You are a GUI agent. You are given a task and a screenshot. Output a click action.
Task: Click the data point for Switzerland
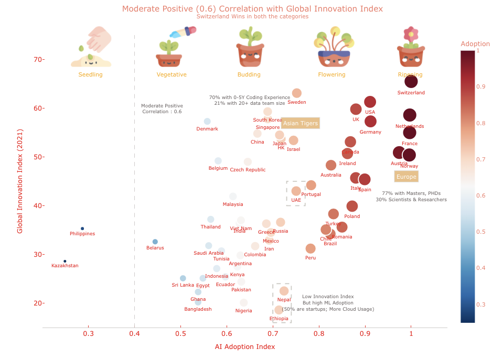[411, 81]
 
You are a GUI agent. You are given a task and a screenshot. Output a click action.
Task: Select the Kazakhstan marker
[65, 261]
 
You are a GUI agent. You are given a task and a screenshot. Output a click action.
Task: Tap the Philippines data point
[82, 228]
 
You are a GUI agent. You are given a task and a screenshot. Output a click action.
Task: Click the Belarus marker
[155, 242]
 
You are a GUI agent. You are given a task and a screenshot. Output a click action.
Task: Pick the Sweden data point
[297, 93]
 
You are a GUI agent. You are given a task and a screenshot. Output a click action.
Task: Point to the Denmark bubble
[207, 121]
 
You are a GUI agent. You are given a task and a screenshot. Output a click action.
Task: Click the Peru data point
[311, 248]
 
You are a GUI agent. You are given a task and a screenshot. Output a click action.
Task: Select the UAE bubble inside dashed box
[296, 191]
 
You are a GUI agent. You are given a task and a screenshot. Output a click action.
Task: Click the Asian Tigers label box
[300, 123]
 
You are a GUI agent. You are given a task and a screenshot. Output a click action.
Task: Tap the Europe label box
[406, 177]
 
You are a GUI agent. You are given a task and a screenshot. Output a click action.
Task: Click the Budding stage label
[249, 74]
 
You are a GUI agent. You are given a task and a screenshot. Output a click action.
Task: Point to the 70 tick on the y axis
[36, 59]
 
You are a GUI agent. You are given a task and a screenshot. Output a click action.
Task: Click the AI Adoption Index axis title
[245, 347]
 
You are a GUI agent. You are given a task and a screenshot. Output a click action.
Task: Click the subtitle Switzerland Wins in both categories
[252, 16]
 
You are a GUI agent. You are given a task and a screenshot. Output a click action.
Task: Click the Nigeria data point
[244, 303]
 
